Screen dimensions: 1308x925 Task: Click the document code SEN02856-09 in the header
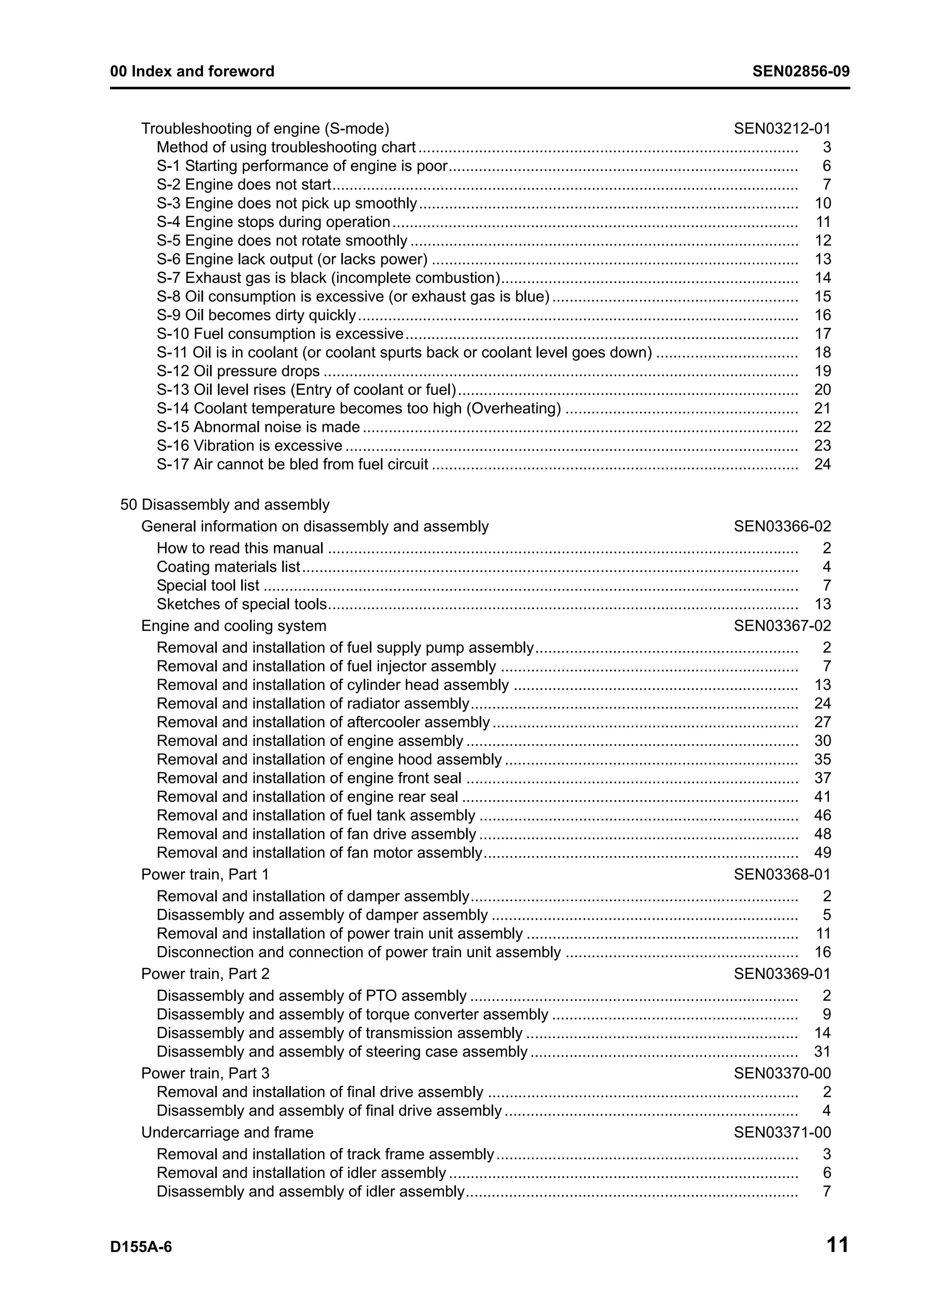800,71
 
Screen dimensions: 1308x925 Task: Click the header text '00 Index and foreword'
192,71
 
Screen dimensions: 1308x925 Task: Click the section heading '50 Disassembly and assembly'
224,505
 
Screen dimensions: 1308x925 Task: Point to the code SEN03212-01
782,129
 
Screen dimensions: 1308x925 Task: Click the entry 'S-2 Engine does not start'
243,185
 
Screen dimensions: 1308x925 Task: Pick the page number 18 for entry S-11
822,353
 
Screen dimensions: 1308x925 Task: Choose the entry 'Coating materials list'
228,567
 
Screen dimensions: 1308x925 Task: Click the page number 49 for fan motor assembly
822,852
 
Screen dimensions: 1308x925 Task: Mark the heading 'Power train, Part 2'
205,973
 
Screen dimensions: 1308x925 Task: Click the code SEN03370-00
782,1073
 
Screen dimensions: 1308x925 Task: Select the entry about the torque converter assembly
352,1014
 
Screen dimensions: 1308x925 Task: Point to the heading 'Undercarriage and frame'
227,1132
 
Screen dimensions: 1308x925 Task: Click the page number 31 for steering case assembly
822,1051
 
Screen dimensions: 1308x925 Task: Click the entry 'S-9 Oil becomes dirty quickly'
256,315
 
